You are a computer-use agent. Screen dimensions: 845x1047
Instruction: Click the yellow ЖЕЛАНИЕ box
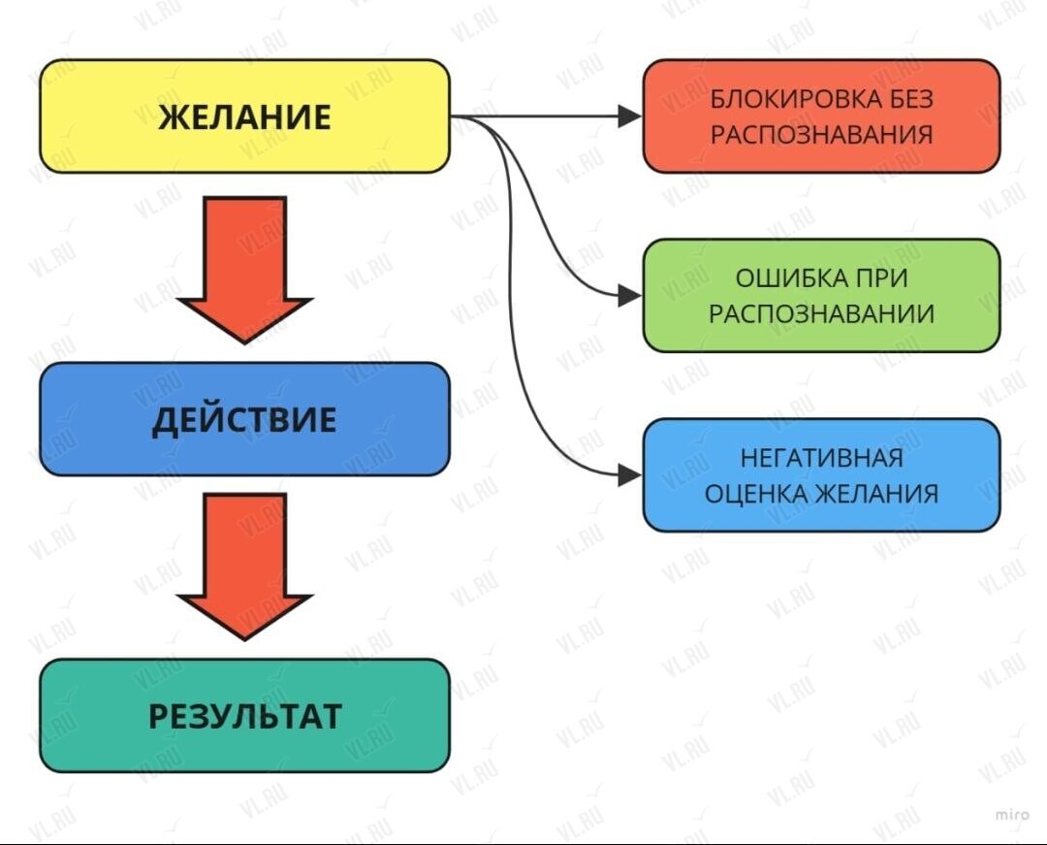point(244,116)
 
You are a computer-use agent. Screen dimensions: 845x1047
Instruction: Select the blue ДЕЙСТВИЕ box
point(244,419)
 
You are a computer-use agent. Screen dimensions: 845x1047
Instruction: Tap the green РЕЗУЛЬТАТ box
point(244,716)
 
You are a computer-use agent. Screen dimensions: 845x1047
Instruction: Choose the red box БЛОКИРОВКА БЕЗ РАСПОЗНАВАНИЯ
point(821,116)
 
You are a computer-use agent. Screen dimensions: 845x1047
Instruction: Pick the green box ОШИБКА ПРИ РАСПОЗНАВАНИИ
point(821,296)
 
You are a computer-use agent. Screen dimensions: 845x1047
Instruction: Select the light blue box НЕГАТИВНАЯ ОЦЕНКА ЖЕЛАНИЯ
point(821,475)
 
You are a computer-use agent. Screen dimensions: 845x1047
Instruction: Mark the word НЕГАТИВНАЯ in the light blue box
point(821,457)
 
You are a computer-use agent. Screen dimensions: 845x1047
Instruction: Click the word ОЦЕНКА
point(755,494)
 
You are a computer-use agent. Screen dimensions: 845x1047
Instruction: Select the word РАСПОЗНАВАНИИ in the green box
point(821,314)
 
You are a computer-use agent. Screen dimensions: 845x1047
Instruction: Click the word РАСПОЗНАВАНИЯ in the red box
point(821,135)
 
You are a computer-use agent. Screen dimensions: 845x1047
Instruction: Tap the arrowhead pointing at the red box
point(629,116)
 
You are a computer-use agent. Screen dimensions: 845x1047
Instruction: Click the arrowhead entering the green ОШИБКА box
point(629,296)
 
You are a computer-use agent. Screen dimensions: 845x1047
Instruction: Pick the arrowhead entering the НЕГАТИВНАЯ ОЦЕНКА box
point(629,475)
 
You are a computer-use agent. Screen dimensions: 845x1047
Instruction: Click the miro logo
point(1012,812)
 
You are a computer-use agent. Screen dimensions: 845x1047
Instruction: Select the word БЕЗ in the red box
point(909,99)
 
